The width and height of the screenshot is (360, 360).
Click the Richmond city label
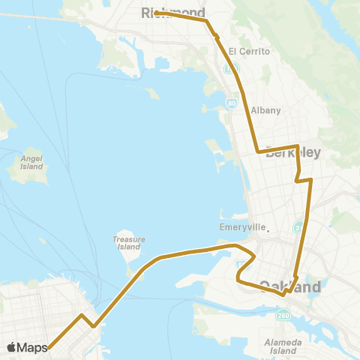(173, 12)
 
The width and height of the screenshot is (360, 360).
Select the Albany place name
(266, 110)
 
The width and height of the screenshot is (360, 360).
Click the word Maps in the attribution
(33, 347)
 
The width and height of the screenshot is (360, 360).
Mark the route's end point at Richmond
(157, 13)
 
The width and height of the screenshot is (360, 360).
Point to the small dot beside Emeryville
(267, 229)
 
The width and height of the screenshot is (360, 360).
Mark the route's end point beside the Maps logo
(49, 346)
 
